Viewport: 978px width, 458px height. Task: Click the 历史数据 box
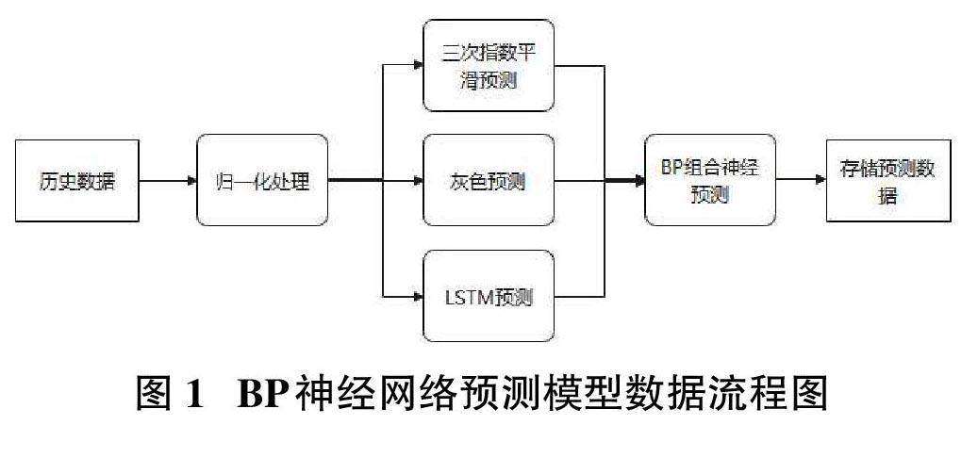pyautogui.click(x=77, y=181)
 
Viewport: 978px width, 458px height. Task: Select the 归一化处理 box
pyautogui.click(x=262, y=181)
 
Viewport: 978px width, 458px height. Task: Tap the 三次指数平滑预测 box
pyautogui.click(x=488, y=66)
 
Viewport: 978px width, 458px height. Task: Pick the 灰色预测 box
pyautogui.click(x=488, y=181)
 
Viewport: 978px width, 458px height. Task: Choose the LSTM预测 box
pyautogui.click(x=488, y=297)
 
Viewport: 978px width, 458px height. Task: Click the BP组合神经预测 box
pyautogui.click(x=710, y=180)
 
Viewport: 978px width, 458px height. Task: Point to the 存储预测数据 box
pyautogui.click(x=888, y=180)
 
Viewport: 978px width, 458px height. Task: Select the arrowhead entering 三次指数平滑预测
pyautogui.click(x=417, y=66)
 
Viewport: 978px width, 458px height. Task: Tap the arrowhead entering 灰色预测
pyautogui.click(x=417, y=181)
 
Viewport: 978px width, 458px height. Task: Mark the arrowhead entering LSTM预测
pyautogui.click(x=417, y=297)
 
